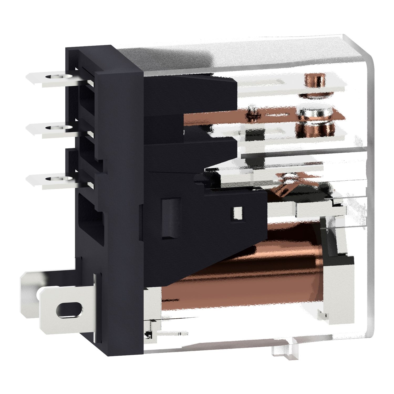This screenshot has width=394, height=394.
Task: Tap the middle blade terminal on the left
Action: coord(53,128)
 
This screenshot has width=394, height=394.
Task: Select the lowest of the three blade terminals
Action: coord(53,179)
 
